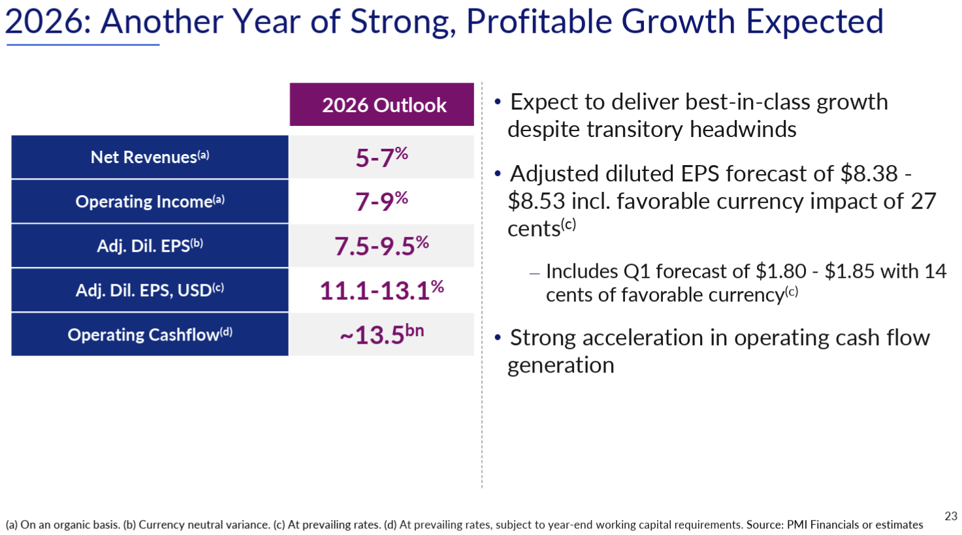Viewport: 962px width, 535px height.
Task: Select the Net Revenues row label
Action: click(150, 157)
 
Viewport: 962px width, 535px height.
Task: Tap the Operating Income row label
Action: click(150, 202)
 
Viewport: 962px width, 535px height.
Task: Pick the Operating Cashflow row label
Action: click(150, 335)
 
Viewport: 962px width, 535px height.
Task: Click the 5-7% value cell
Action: click(382, 157)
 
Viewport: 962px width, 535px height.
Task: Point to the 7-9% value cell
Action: click(382, 202)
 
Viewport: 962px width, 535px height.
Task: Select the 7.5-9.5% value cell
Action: click(382, 246)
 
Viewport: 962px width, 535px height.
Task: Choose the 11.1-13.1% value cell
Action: click(382, 290)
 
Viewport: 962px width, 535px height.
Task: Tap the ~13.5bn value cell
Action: click(382, 335)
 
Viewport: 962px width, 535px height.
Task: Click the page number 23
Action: click(950, 516)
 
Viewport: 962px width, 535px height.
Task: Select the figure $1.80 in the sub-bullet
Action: click(780, 271)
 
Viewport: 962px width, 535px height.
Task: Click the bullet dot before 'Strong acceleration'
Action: click(498, 338)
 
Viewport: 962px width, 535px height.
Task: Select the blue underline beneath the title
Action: click(83, 45)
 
